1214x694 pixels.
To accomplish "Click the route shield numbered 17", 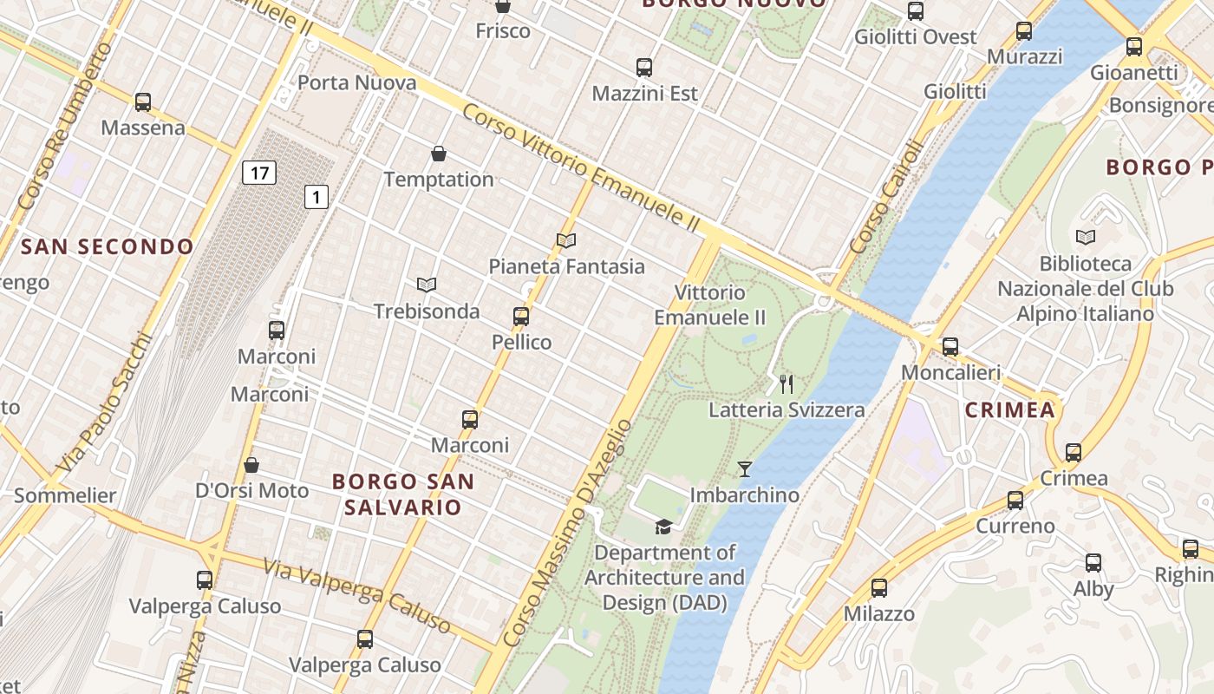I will (x=258, y=173).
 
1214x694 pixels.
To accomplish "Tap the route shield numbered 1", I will (x=317, y=198).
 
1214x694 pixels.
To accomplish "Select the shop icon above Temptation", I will (x=439, y=154).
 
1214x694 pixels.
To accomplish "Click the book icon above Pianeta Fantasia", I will (x=566, y=240).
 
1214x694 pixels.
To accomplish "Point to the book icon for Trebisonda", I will (x=426, y=285).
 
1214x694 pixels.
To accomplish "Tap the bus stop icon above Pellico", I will (x=521, y=317).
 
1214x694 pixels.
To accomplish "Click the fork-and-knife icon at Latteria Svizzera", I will (x=786, y=383).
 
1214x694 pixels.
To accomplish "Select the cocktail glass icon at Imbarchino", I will (x=745, y=469).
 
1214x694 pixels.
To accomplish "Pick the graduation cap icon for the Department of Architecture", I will (x=663, y=527).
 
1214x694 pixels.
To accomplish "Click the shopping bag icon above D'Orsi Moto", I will (x=251, y=465).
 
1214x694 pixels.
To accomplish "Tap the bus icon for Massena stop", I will (x=143, y=102).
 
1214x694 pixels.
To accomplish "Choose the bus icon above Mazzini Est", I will (x=644, y=68).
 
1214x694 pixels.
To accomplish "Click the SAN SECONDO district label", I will (x=108, y=247).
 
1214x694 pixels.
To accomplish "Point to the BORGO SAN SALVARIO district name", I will (x=403, y=494).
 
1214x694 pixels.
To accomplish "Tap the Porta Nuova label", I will (x=356, y=83).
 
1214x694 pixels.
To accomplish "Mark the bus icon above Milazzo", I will (x=879, y=588).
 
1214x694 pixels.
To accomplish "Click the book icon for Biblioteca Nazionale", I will (x=1085, y=237).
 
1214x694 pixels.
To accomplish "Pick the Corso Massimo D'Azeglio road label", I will (x=567, y=534).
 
